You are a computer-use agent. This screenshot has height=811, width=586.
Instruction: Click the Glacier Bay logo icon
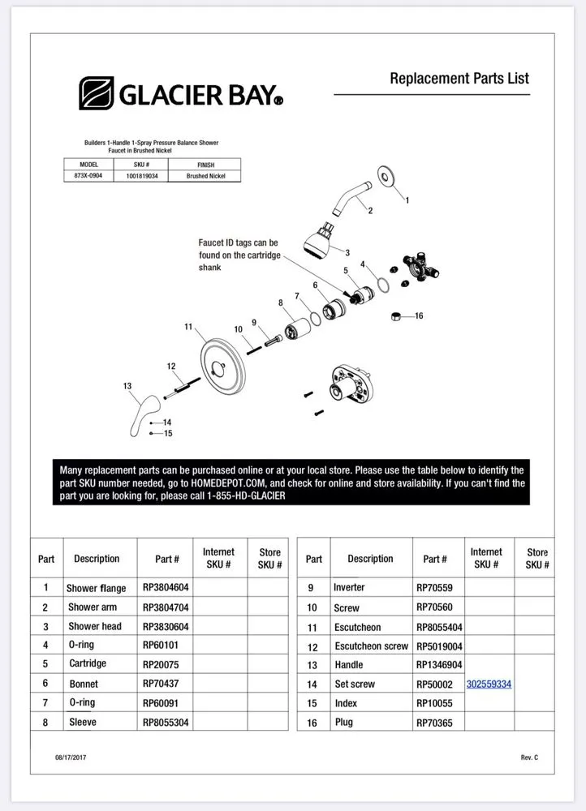click(97, 93)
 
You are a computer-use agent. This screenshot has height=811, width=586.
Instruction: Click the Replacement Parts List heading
click(459, 79)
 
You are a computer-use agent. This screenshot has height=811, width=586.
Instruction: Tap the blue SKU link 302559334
click(489, 684)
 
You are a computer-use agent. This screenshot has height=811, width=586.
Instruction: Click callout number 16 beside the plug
click(419, 315)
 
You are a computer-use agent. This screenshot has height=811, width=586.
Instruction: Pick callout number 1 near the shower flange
click(407, 200)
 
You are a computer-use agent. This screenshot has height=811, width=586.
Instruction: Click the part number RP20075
click(160, 664)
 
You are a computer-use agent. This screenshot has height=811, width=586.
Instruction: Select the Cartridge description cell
click(87, 664)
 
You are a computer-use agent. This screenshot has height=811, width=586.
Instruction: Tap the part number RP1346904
click(439, 664)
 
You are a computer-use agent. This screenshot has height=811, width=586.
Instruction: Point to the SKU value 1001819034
click(142, 176)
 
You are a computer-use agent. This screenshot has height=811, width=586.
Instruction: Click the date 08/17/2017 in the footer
click(72, 757)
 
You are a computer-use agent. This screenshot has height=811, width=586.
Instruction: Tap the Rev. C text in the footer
click(529, 757)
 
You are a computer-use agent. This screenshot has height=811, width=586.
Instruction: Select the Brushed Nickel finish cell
click(205, 176)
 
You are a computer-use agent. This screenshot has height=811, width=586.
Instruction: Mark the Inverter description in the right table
click(349, 587)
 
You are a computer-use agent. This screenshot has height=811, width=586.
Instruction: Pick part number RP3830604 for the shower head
click(166, 627)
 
